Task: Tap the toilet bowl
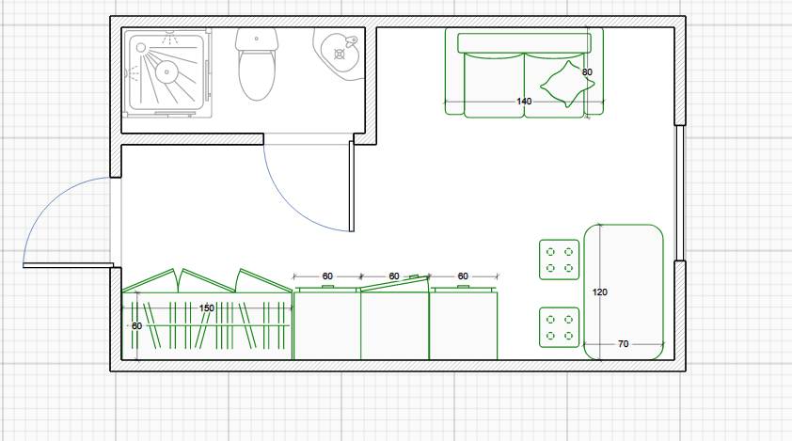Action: point(258,75)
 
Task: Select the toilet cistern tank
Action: point(258,39)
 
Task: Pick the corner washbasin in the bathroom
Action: point(339,52)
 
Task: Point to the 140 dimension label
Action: point(524,101)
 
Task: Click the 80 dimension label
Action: point(587,72)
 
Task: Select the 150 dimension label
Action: point(207,307)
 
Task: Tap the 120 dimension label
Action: point(599,292)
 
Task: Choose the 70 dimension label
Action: point(623,344)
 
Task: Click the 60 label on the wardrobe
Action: point(136,326)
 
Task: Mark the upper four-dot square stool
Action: point(558,260)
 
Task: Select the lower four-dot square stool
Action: point(558,327)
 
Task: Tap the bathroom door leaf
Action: point(352,186)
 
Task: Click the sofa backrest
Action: point(524,42)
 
